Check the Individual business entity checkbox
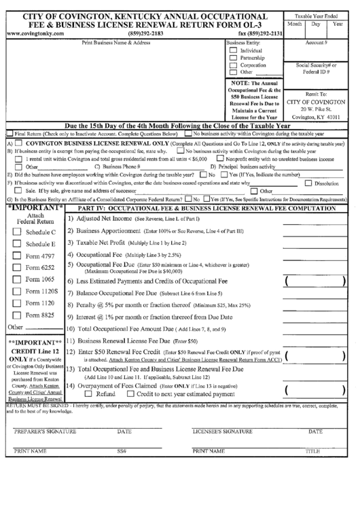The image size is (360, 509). (234, 50)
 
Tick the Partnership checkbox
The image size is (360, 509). (234, 58)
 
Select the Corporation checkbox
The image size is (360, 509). (234, 65)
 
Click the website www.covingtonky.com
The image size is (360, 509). (33, 33)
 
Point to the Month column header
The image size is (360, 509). (294, 23)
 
